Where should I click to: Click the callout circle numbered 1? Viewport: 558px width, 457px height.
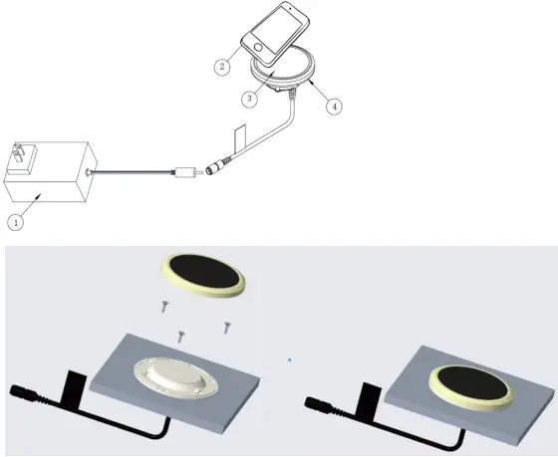point(16,223)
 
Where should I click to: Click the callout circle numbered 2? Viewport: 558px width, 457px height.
point(222,67)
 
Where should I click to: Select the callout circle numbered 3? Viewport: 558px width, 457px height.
point(249,99)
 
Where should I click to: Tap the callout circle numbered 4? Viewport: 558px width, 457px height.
point(334,107)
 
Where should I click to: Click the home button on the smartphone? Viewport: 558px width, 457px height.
point(258,47)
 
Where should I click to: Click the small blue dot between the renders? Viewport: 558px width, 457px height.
point(290,359)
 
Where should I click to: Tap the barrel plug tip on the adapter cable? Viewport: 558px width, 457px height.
point(199,172)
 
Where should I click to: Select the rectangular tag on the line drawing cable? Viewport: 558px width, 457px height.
point(240,137)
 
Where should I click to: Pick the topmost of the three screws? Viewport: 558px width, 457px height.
point(164,307)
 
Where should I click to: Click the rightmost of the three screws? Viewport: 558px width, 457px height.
point(226,328)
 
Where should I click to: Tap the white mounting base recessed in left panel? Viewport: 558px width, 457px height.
point(175,377)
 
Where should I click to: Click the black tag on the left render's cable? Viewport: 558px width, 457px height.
point(74,387)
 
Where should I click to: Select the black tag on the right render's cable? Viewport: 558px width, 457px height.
point(369,398)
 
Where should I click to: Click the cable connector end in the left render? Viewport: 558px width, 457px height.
point(21,392)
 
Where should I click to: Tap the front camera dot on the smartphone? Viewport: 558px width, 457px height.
point(291,8)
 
